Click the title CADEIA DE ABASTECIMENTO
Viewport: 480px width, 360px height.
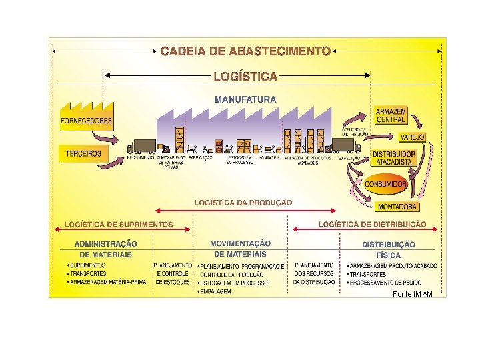(246, 51)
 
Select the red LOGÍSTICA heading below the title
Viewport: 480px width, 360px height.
(245, 76)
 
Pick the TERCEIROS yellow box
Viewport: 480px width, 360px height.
(83, 153)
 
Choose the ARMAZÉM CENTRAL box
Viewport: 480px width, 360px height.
(390, 115)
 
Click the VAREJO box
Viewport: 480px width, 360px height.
(412, 137)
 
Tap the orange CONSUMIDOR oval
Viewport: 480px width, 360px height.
(385, 183)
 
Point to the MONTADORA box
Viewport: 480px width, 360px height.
(397, 207)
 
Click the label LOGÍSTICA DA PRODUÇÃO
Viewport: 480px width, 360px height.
(243, 202)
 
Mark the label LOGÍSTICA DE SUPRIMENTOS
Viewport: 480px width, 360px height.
(119, 225)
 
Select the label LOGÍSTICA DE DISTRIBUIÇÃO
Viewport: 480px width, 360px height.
(373, 225)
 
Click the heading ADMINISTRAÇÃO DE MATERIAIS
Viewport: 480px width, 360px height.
(105, 249)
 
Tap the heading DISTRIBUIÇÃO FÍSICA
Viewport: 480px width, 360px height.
(389, 249)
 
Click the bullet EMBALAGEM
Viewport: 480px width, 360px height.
(216, 291)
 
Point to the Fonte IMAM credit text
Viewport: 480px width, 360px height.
(413, 294)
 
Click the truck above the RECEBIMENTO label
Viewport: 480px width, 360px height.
(141, 147)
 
